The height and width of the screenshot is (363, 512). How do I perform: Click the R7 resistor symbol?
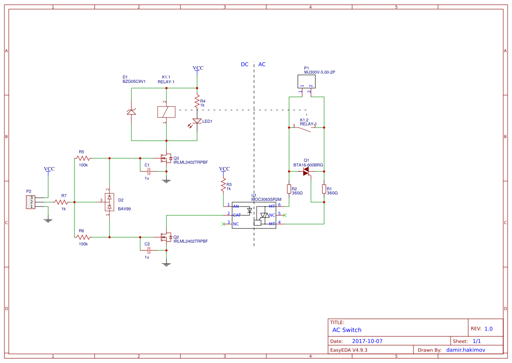62,202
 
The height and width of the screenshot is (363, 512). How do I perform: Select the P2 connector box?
30,202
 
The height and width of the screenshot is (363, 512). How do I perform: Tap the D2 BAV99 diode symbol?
109,202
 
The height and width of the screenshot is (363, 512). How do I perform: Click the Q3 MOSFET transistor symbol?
166,158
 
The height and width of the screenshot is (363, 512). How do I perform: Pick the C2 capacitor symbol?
149,250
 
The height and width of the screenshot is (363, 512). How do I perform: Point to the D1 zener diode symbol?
131,112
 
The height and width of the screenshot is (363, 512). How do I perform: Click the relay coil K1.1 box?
166,112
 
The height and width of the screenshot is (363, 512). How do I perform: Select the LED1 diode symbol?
197,121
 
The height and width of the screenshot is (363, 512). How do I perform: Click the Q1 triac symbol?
307,172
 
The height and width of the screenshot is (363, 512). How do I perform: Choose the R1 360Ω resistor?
324,189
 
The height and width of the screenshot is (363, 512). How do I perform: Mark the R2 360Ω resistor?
289,189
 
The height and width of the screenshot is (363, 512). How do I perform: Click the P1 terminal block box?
307,81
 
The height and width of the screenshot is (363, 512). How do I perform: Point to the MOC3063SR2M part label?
266,199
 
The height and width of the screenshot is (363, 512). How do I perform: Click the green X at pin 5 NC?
285,215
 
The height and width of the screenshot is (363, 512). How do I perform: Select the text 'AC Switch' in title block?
346,330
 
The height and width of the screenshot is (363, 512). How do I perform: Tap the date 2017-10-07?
367,341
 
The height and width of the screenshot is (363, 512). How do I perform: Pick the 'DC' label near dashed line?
244,64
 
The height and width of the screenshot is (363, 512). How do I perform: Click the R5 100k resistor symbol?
83,158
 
